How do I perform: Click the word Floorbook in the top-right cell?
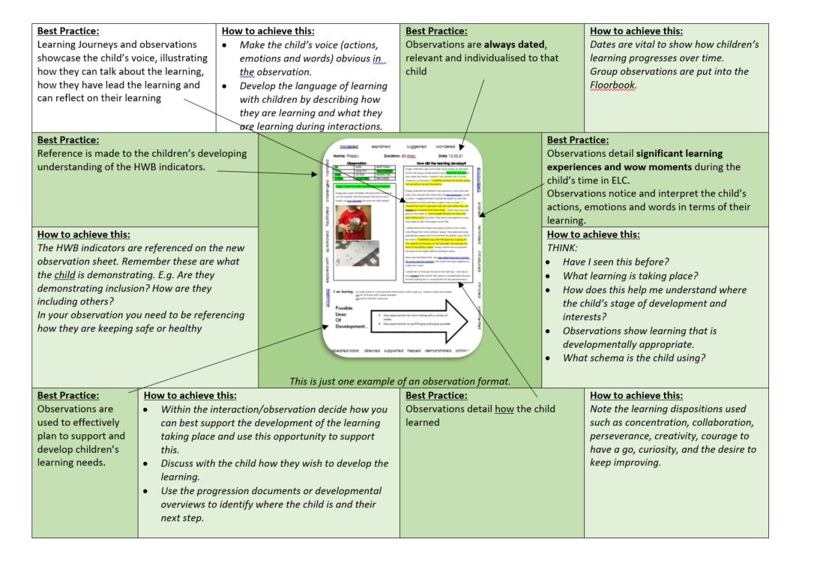(613, 85)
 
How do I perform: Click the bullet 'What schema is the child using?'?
(634, 358)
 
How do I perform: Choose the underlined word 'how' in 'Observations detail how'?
(504, 409)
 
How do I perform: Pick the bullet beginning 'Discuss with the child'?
(274, 463)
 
